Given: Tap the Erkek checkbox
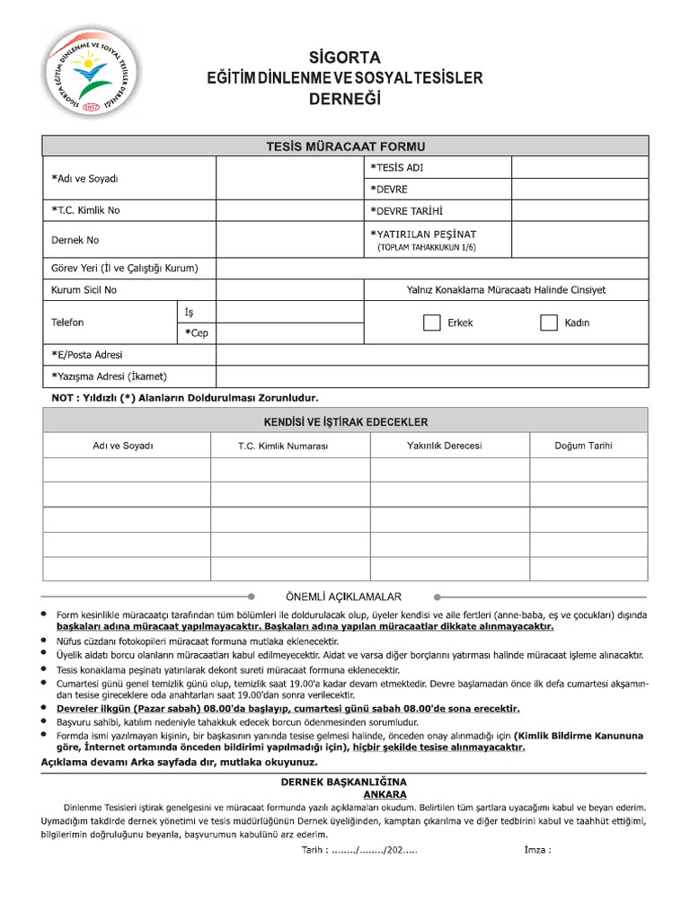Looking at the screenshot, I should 431,323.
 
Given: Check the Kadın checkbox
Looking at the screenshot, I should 549,323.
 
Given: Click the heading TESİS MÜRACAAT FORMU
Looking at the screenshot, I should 345,146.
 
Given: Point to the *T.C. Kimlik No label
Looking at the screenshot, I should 86,211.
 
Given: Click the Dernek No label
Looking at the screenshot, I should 75,240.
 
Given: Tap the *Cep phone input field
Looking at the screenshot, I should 290,333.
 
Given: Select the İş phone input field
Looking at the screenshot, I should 290,312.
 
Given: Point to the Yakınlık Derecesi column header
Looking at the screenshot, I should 444,446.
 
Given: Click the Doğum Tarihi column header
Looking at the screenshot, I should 584,446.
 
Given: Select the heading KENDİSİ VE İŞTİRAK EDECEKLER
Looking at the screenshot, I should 345,421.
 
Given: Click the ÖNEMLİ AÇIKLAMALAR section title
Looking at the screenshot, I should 345,597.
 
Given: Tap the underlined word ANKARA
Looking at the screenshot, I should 385,794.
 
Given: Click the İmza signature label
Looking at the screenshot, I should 536,850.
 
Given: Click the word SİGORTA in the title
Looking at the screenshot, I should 345,57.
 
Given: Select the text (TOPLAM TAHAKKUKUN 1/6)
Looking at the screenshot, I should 428,246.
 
